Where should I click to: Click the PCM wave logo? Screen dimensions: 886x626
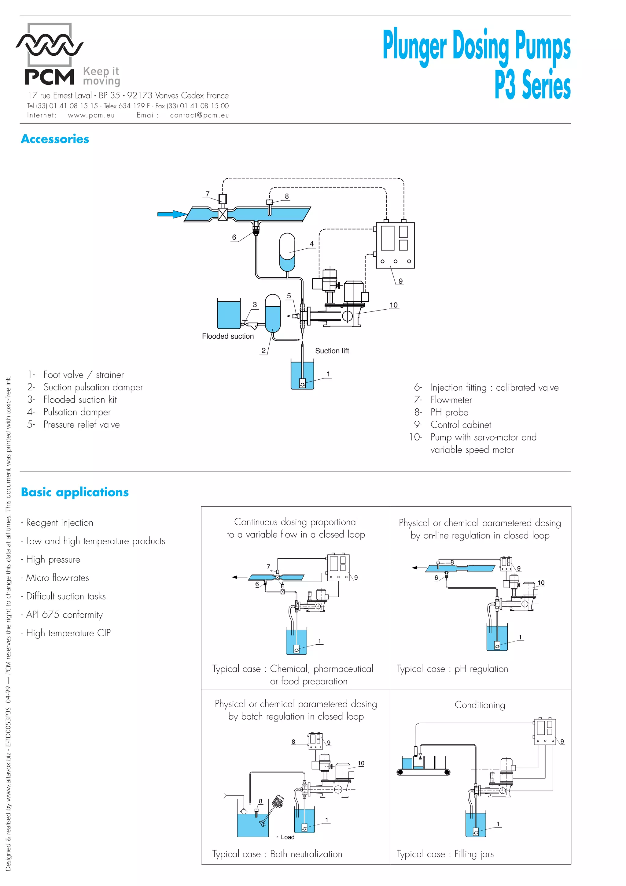(x=49, y=45)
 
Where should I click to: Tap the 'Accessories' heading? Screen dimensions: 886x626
(x=55, y=139)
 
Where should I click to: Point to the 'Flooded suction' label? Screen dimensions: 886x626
(x=228, y=336)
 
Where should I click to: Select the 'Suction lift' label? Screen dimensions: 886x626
(x=332, y=351)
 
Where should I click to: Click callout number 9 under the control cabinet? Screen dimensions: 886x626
(x=400, y=281)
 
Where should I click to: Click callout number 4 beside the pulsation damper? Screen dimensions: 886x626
(x=312, y=244)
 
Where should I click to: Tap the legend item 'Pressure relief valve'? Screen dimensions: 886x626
(x=81, y=424)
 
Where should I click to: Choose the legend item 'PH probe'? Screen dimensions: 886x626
(x=449, y=412)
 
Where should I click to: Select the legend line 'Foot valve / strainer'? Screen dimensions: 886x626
(x=83, y=375)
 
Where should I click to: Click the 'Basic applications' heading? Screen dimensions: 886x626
(x=75, y=492)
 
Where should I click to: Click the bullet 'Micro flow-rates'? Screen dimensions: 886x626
(x=57, y=578)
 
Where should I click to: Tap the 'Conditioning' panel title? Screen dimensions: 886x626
(x=480, y=705)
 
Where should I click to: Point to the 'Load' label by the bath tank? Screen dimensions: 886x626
(x=288, y=837)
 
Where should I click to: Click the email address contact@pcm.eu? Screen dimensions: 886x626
(x=199, y=115)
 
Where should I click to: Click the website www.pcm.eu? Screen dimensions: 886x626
(x=91, y=115)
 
